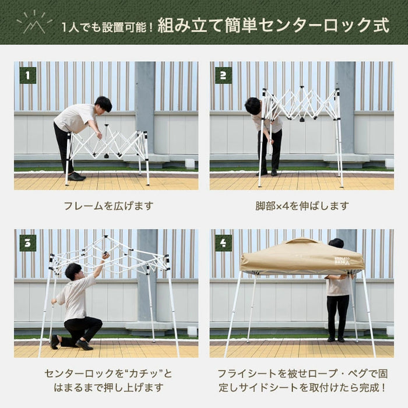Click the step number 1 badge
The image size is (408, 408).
click(x=27, y=75)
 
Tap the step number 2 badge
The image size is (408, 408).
click(x=223, y=75)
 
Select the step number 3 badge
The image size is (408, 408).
click(x=27, y=242)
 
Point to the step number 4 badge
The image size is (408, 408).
click(x=223, y=242)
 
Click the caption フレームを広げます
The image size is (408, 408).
click(x=106, y=206)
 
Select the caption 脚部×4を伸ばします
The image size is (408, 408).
click(x=302, y=206)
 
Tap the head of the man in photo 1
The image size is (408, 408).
click(x=103, y=104)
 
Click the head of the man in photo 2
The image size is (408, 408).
click(x=253, y=105)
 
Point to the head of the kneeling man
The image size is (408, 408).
click(x=72, y=271)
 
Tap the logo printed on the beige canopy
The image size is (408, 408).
click(x=342, y=261)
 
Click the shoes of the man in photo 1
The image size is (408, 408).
click(x=76, y=176)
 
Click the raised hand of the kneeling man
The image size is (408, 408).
click(x=105, y=255)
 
